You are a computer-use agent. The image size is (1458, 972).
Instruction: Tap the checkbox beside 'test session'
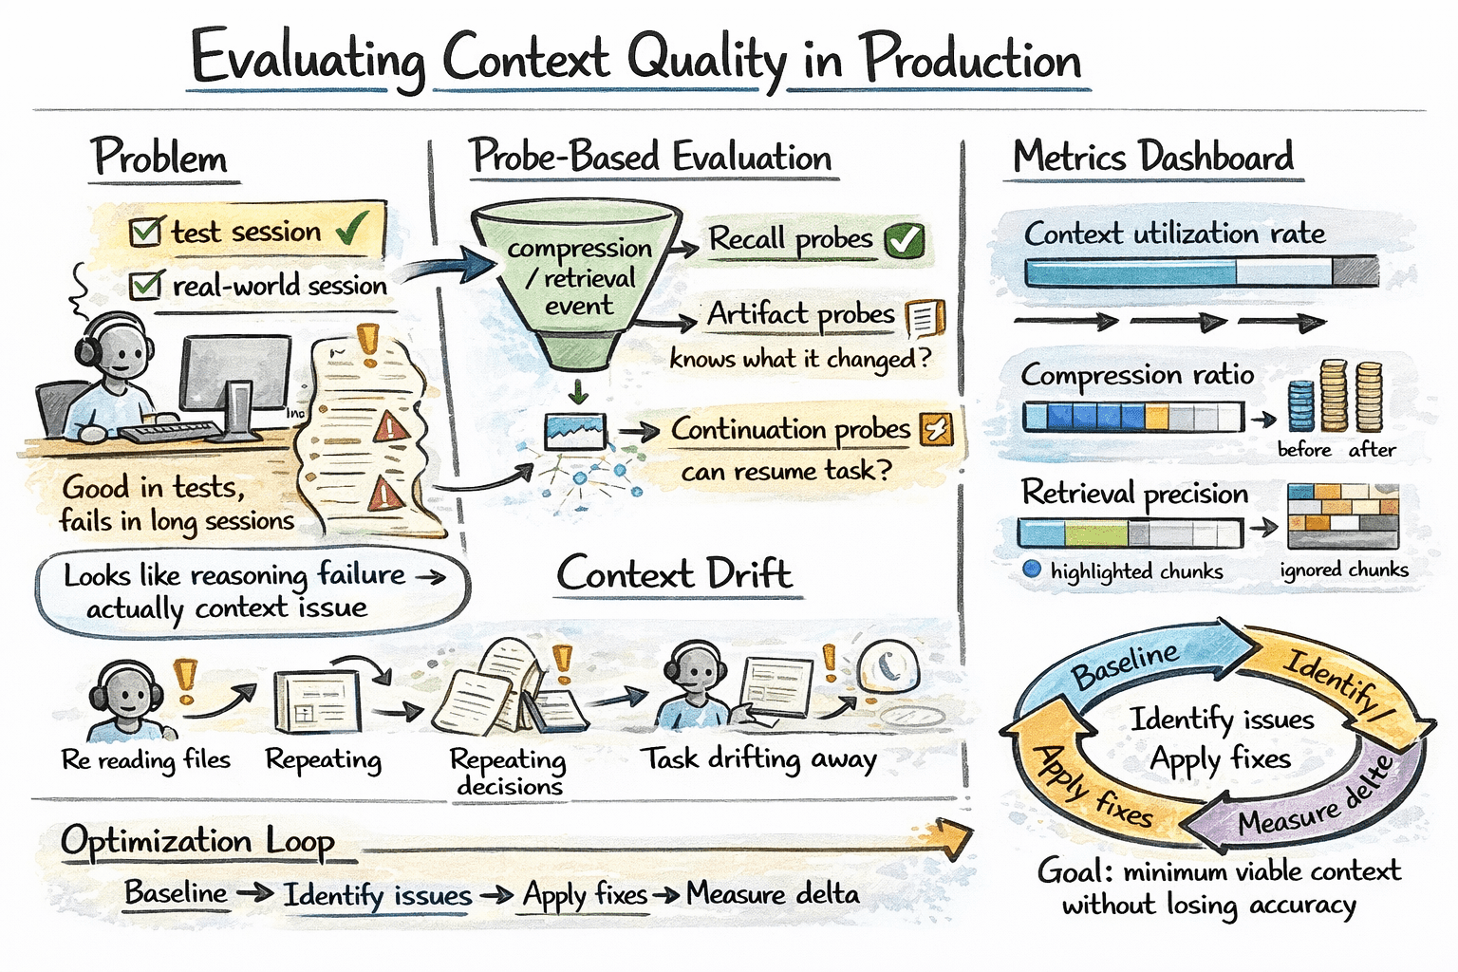point(145,232)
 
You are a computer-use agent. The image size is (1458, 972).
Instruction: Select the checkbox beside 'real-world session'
point(145,285)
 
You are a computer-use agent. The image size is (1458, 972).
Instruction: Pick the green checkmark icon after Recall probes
point(904,241)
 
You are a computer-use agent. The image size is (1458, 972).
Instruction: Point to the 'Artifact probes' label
point(800,314)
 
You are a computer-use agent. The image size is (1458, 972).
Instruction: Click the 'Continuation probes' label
point(790,430)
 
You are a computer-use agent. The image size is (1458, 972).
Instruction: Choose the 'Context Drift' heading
point(674,574)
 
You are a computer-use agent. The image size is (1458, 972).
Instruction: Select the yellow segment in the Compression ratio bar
point(1156,417)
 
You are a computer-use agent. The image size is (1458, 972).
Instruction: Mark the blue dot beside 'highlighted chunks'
point(1033,570)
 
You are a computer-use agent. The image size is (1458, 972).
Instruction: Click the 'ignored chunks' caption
point(1343,570)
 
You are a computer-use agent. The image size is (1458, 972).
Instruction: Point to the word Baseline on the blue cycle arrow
point(1125,665)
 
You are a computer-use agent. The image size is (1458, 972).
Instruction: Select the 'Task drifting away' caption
point(757,758)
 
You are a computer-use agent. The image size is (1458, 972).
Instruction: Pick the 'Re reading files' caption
point(145,759)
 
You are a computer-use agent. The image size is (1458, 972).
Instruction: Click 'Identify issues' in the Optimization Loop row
point(377,894)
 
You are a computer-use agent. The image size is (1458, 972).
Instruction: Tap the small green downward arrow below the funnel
point(577,391)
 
